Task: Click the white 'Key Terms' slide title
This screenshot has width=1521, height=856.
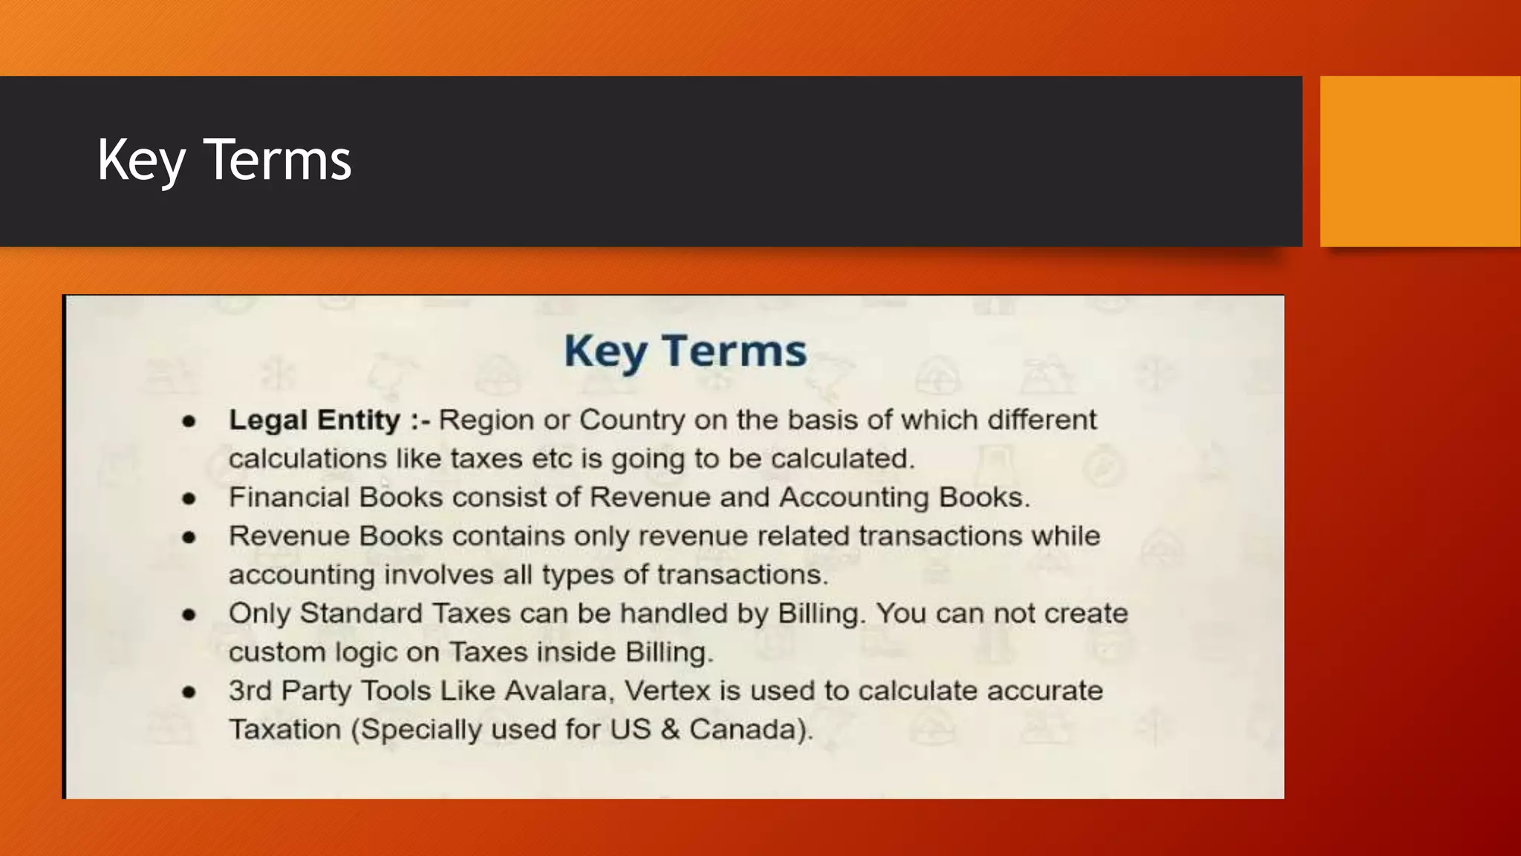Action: tap(224, 160)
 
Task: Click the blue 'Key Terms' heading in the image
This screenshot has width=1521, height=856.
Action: tap(685, 351)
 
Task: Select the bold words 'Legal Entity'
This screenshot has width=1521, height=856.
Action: tap(314, 420)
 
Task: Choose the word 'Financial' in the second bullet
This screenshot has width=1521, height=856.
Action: tap(289, 497)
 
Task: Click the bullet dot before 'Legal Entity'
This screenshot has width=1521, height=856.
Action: tap(189, 421)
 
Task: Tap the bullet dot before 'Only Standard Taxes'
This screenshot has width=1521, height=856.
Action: tap(189, 615)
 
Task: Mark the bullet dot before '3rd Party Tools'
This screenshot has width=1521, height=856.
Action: tap(189, 692)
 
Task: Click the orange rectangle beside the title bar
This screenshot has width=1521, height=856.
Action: tap(1420, 160)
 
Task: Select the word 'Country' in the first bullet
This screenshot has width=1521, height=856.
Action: tap(632, 421)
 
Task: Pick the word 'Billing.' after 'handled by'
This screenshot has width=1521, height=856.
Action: tap(821, 614)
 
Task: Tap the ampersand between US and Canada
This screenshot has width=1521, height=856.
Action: tap(670, 730)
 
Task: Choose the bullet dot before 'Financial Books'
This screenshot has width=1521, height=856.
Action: tap(189, 499)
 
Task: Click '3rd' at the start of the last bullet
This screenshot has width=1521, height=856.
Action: tap(250, 691)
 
